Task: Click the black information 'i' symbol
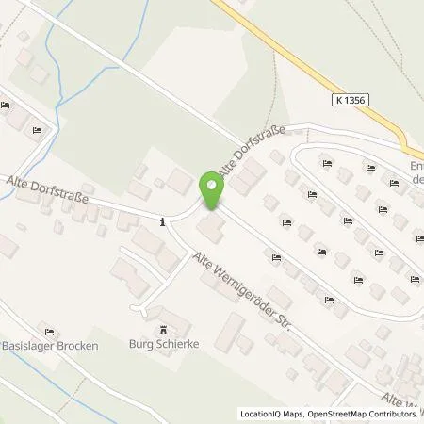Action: coord(164,222)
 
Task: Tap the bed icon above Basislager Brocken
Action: coord(50,330)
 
